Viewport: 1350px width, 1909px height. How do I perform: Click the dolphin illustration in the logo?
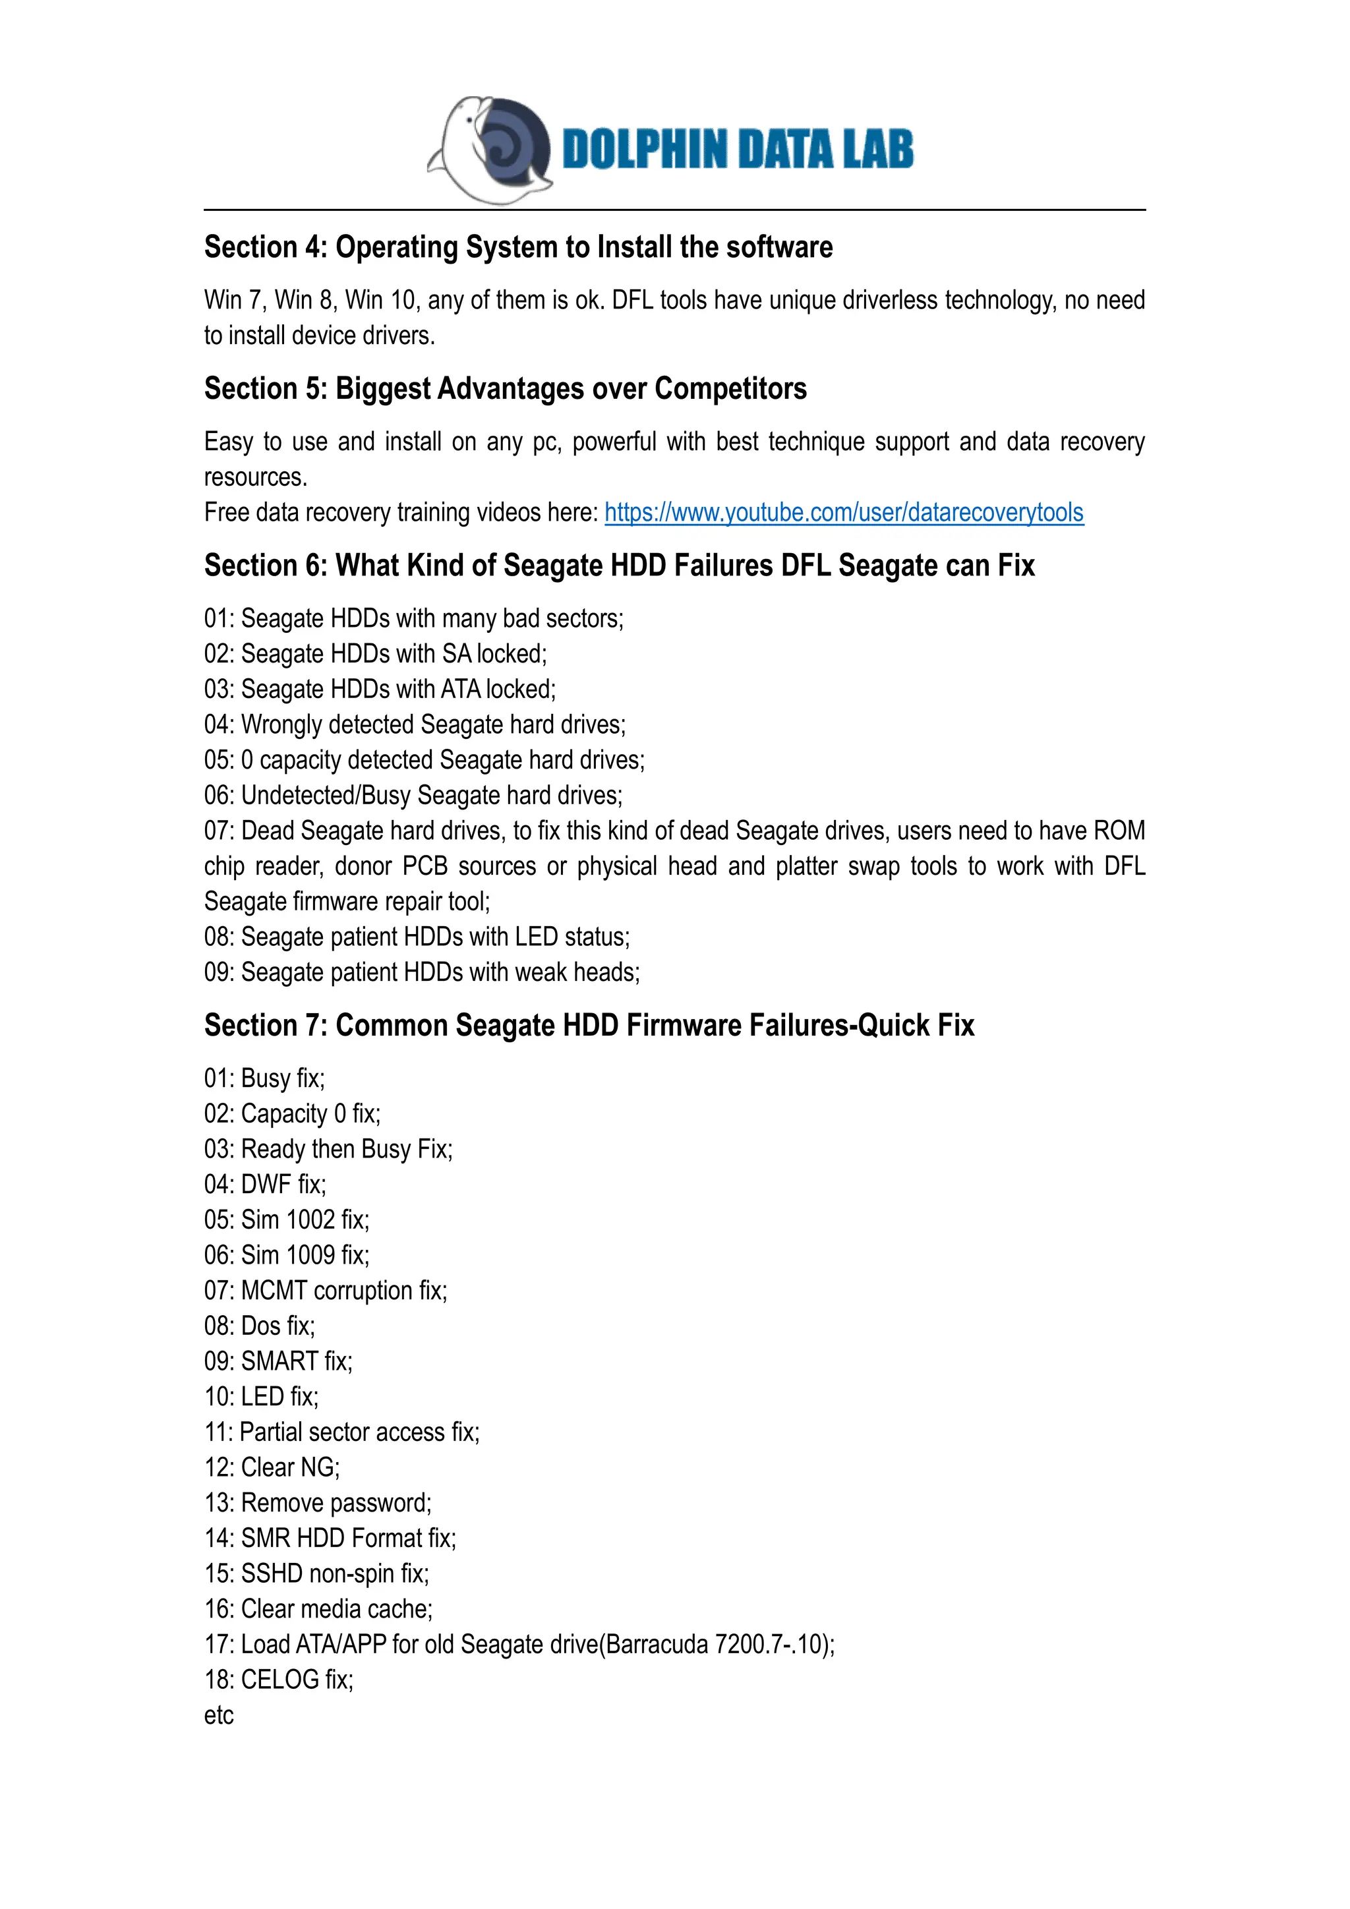tap(490, 150)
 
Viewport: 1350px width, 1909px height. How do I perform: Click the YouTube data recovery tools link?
tap(843, 512)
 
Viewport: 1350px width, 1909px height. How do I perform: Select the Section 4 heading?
tap(518, 247)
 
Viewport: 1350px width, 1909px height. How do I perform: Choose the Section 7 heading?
tap(589, 1025)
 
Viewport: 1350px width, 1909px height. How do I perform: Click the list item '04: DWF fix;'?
tap(265, 1184)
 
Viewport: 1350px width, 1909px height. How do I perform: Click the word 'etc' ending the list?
tap(219, 1715)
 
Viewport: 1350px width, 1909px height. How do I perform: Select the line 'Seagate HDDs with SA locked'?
tap(376, 653)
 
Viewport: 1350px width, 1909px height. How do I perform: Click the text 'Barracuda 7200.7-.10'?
tap(715, 1644)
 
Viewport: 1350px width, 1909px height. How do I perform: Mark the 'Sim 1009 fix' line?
tap(287, 1254)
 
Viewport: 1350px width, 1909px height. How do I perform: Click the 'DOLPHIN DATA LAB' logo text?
tap(738, 150)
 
